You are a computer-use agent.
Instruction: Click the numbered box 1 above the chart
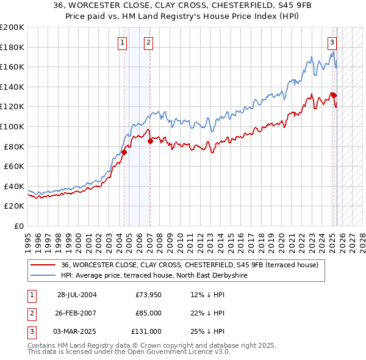[x=123, y=42]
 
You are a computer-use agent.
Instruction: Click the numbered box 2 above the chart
[x=148, y=42]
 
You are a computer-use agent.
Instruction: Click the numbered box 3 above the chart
[x=332, y=42]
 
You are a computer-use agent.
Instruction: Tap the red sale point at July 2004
[x=124, y=152]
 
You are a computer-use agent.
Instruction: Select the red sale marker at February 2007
[x=150, y=141]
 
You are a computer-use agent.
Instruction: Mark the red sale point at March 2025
[x=334, y=95]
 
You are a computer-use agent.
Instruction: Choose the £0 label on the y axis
[x=18, y=226]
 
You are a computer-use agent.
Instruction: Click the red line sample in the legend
[x=43, y=265]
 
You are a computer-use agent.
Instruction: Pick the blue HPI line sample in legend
[x=43, y=275]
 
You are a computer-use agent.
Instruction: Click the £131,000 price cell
[x=146, y=331]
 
